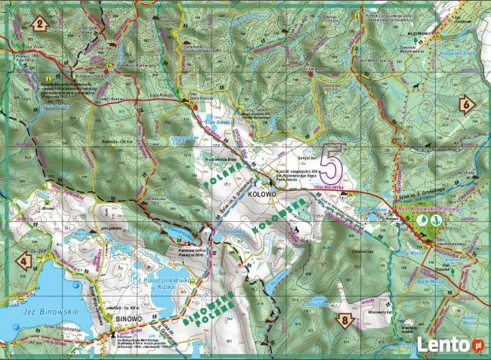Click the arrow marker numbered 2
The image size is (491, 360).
(x=38, y=23)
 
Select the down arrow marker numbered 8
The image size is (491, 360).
(x=345, y=320)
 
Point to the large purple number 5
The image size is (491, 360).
(x=330, y=162)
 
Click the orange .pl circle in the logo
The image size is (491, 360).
(x=477, y=344)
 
